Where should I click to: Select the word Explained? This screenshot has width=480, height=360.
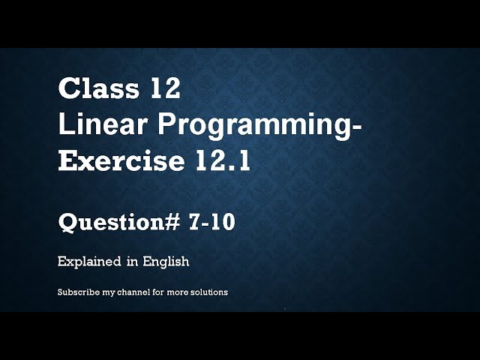[x=89, y=262]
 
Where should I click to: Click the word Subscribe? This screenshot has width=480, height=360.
[x=77, y=292]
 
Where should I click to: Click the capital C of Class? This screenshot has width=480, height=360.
[x=68, y=89]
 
